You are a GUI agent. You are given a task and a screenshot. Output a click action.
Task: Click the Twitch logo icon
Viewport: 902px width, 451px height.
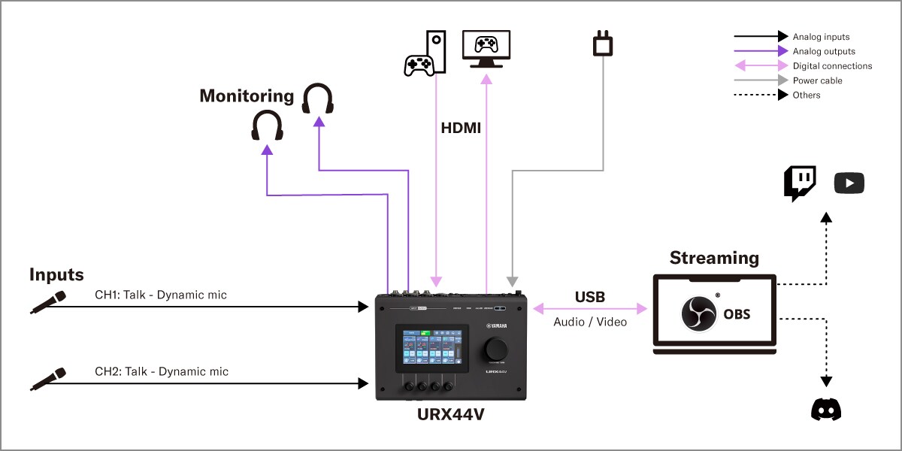(x=800, y=183)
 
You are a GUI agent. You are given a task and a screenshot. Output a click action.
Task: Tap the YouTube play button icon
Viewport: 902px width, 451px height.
(x=849, y=183)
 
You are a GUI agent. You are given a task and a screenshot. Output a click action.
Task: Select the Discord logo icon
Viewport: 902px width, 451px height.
(x=826, y=409)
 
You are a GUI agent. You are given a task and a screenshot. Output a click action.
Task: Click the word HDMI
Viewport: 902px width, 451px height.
(x=461, y=129)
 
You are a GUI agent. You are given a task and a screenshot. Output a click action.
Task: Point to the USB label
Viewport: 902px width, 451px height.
(x=590, y=297)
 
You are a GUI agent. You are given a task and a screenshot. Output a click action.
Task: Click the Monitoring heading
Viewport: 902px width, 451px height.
(x=246, y=96)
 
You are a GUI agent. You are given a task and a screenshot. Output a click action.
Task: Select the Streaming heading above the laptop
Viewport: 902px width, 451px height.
(x=714, y=258)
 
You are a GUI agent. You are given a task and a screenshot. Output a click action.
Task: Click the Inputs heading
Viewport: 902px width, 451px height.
(x=56, y=274)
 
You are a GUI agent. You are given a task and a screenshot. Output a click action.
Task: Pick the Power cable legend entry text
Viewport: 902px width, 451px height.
(x=817, y=80)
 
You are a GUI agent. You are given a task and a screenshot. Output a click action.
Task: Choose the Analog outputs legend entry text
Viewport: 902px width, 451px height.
(x=824, y=51)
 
